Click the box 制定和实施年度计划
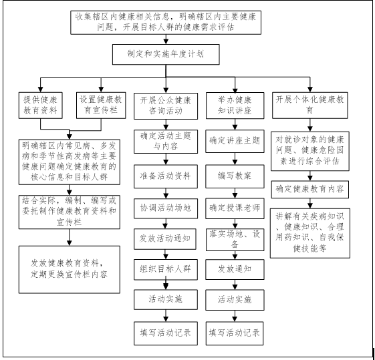coord(166,54)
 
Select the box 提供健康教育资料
coord(41,106)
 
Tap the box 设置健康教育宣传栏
coord(101,106)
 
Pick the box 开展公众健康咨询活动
coord(166,106)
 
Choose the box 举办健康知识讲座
coord(235,106)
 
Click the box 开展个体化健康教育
coord(310,106)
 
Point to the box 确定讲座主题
coord(235,141)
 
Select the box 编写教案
coord(235,176)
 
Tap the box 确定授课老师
coord(235,208)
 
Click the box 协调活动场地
coord(166,208)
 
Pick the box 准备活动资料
coord(166,176)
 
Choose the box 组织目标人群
coord(166,269)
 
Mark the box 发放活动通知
coord(165,239)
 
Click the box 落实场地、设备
coord(235,240)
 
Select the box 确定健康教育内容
coord(310,190)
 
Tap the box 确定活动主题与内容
coord(166,142)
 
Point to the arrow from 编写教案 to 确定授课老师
coord(235,193)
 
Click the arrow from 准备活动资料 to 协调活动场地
coord(166,193)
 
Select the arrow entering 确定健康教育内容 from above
coord(310,176)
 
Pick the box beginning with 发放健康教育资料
coord(70,269)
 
